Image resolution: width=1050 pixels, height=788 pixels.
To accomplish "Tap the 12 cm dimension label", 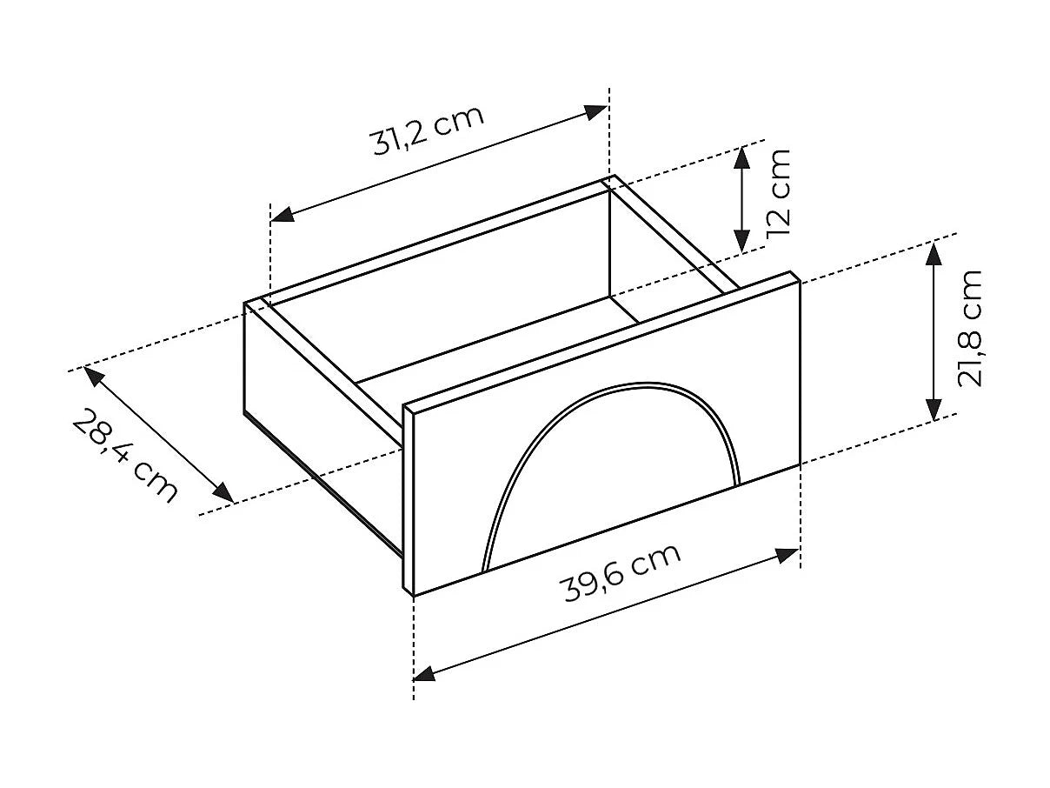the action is (x=778, y=192).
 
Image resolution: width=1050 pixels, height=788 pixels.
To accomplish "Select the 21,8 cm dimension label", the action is (x=970, y=328).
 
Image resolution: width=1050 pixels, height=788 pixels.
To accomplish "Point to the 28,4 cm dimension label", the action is (x=125, y=456).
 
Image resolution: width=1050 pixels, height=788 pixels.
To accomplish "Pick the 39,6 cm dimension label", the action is (x=621, y=572).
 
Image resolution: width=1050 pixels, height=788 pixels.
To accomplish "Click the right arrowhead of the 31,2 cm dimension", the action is (x=597, y=112).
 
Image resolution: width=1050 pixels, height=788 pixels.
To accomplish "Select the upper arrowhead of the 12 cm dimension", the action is (x=741, y=157).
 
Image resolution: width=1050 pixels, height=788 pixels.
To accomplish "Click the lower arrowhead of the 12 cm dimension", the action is (x=741, y=240).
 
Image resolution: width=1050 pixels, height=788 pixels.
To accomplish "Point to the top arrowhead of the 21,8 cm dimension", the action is (x=934, y=254).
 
